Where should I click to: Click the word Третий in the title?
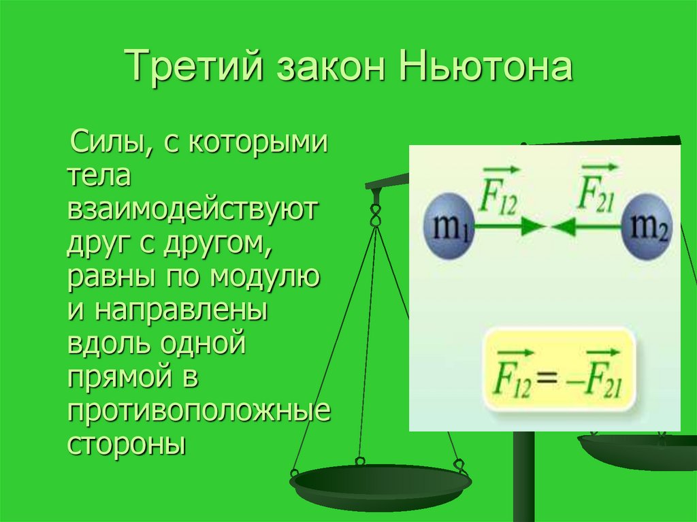(x=195, y=69)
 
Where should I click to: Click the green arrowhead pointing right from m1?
(x=532, y=227)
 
